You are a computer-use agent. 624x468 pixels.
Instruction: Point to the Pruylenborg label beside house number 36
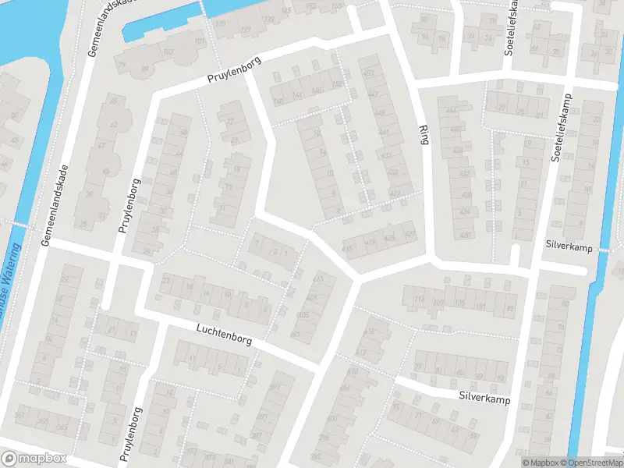click(x=129, y=206)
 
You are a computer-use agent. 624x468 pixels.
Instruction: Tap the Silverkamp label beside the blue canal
click(x=570, y=246)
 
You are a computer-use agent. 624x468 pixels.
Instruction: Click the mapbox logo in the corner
click(x=34, y=459)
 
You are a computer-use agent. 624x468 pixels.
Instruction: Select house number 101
click(x=200, y=41)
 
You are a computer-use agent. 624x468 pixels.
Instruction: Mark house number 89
click(x=144, y=69)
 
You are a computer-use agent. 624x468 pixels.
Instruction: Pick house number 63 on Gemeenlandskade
click(x=115, y=124)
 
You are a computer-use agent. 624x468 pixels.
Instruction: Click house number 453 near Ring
click(x=368, y=73)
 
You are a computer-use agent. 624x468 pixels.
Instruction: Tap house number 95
click(x=511, y=308)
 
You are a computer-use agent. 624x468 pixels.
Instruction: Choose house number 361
click(x=20, y=414)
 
